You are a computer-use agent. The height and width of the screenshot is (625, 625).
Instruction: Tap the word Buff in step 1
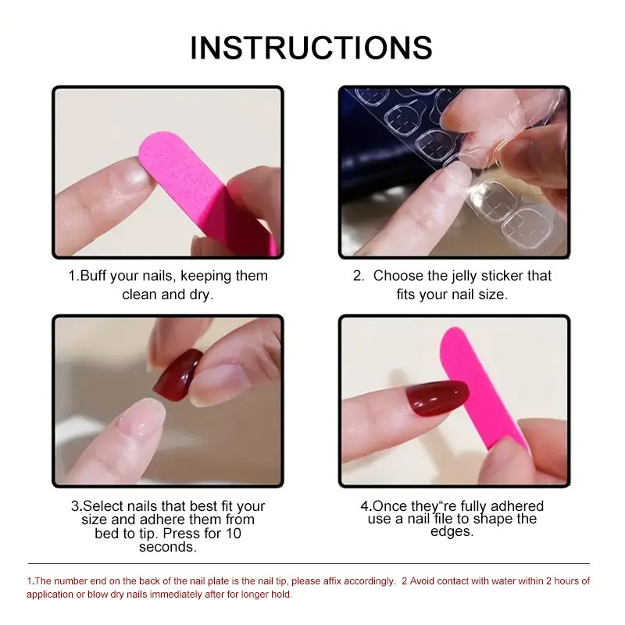pyautogui.click(x=97, y=276)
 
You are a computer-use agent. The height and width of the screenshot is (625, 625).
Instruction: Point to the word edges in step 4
pyautogui.click(x=452, y=531)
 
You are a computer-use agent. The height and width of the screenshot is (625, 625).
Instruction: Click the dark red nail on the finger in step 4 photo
pyautogui.click(x=434, y=402)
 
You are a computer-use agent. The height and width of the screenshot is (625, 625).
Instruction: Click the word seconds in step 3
pyautogui.click(x=167, y=547)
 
